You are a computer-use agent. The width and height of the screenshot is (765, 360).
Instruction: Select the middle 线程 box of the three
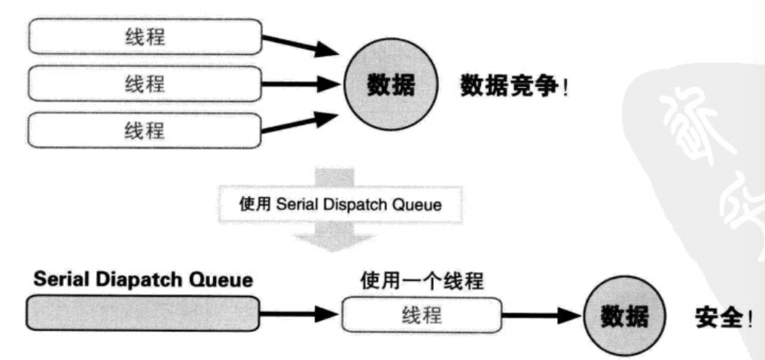coord(145,84)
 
